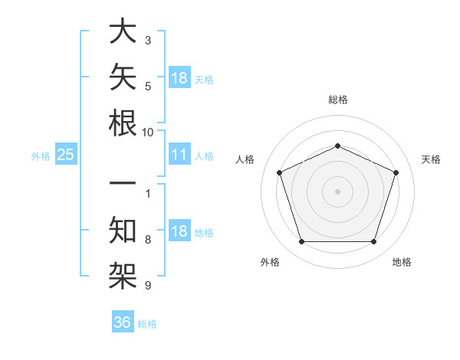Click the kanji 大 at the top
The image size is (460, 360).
pyautogui.click(x=123, y=31)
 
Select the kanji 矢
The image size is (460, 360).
pyautogui.click(x=123, y=77)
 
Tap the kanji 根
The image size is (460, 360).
pyautogui.click(x=123, y=123)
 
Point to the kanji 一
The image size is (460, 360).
pyautogui.click(x=123, y=182)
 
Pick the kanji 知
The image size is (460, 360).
pyautogui.click(x=123, y=230)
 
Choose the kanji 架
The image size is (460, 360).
pyautogui.click(x=123, y=276)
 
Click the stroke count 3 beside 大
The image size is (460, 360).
pyautogui.click(x=148, y=41)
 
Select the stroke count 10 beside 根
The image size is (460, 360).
pyautogui.click(x=147, y=133)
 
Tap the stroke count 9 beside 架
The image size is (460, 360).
pyautogui.click(x=148, y=285)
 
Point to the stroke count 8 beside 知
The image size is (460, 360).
pyautogui.click(x=148, y=240)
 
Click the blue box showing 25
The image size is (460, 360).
pyautogui.click(x=66, y=154)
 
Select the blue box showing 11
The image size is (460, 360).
pyautogui.click(x=179, y=154)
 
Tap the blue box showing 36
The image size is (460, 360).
pyautogui.click(x=123, y=321)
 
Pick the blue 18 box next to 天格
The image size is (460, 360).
pyautogui.click(x=179, y=77)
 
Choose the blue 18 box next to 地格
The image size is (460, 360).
pyautogui.click(x=179, y=230)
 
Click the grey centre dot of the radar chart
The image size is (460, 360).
pyautogui.click(x=337, y=191)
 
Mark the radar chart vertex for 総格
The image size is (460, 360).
pyautogui.click(x=337, y=146)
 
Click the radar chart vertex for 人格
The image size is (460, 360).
pyautogui.click(x=279, y=172)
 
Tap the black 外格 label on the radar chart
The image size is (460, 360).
pyautogui.click(x=270, y=262)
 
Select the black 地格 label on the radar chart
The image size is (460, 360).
pyautogui.click(x=402, y=262)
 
